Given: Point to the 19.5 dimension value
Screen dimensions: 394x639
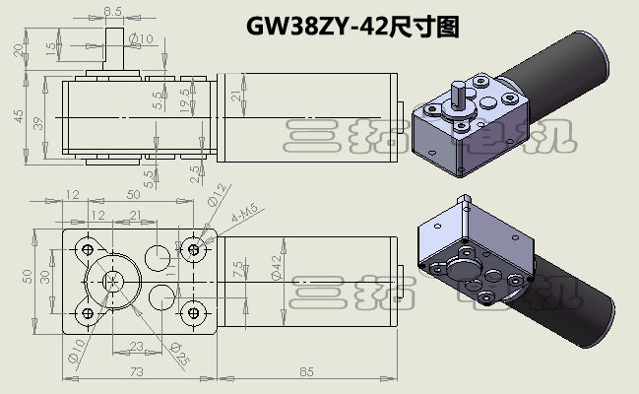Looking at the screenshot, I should [x=185, y=99].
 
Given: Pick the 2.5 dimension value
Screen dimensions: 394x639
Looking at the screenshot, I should [x=198, y=173].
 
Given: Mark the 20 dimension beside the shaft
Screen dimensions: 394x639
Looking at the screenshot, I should [x=17, y=50].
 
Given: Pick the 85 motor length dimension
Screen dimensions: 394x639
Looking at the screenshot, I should [x=305, y=370].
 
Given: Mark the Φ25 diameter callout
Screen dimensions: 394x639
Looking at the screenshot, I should [x=177, y=349].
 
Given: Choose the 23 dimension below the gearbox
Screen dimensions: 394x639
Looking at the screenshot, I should [x=137, y=346].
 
